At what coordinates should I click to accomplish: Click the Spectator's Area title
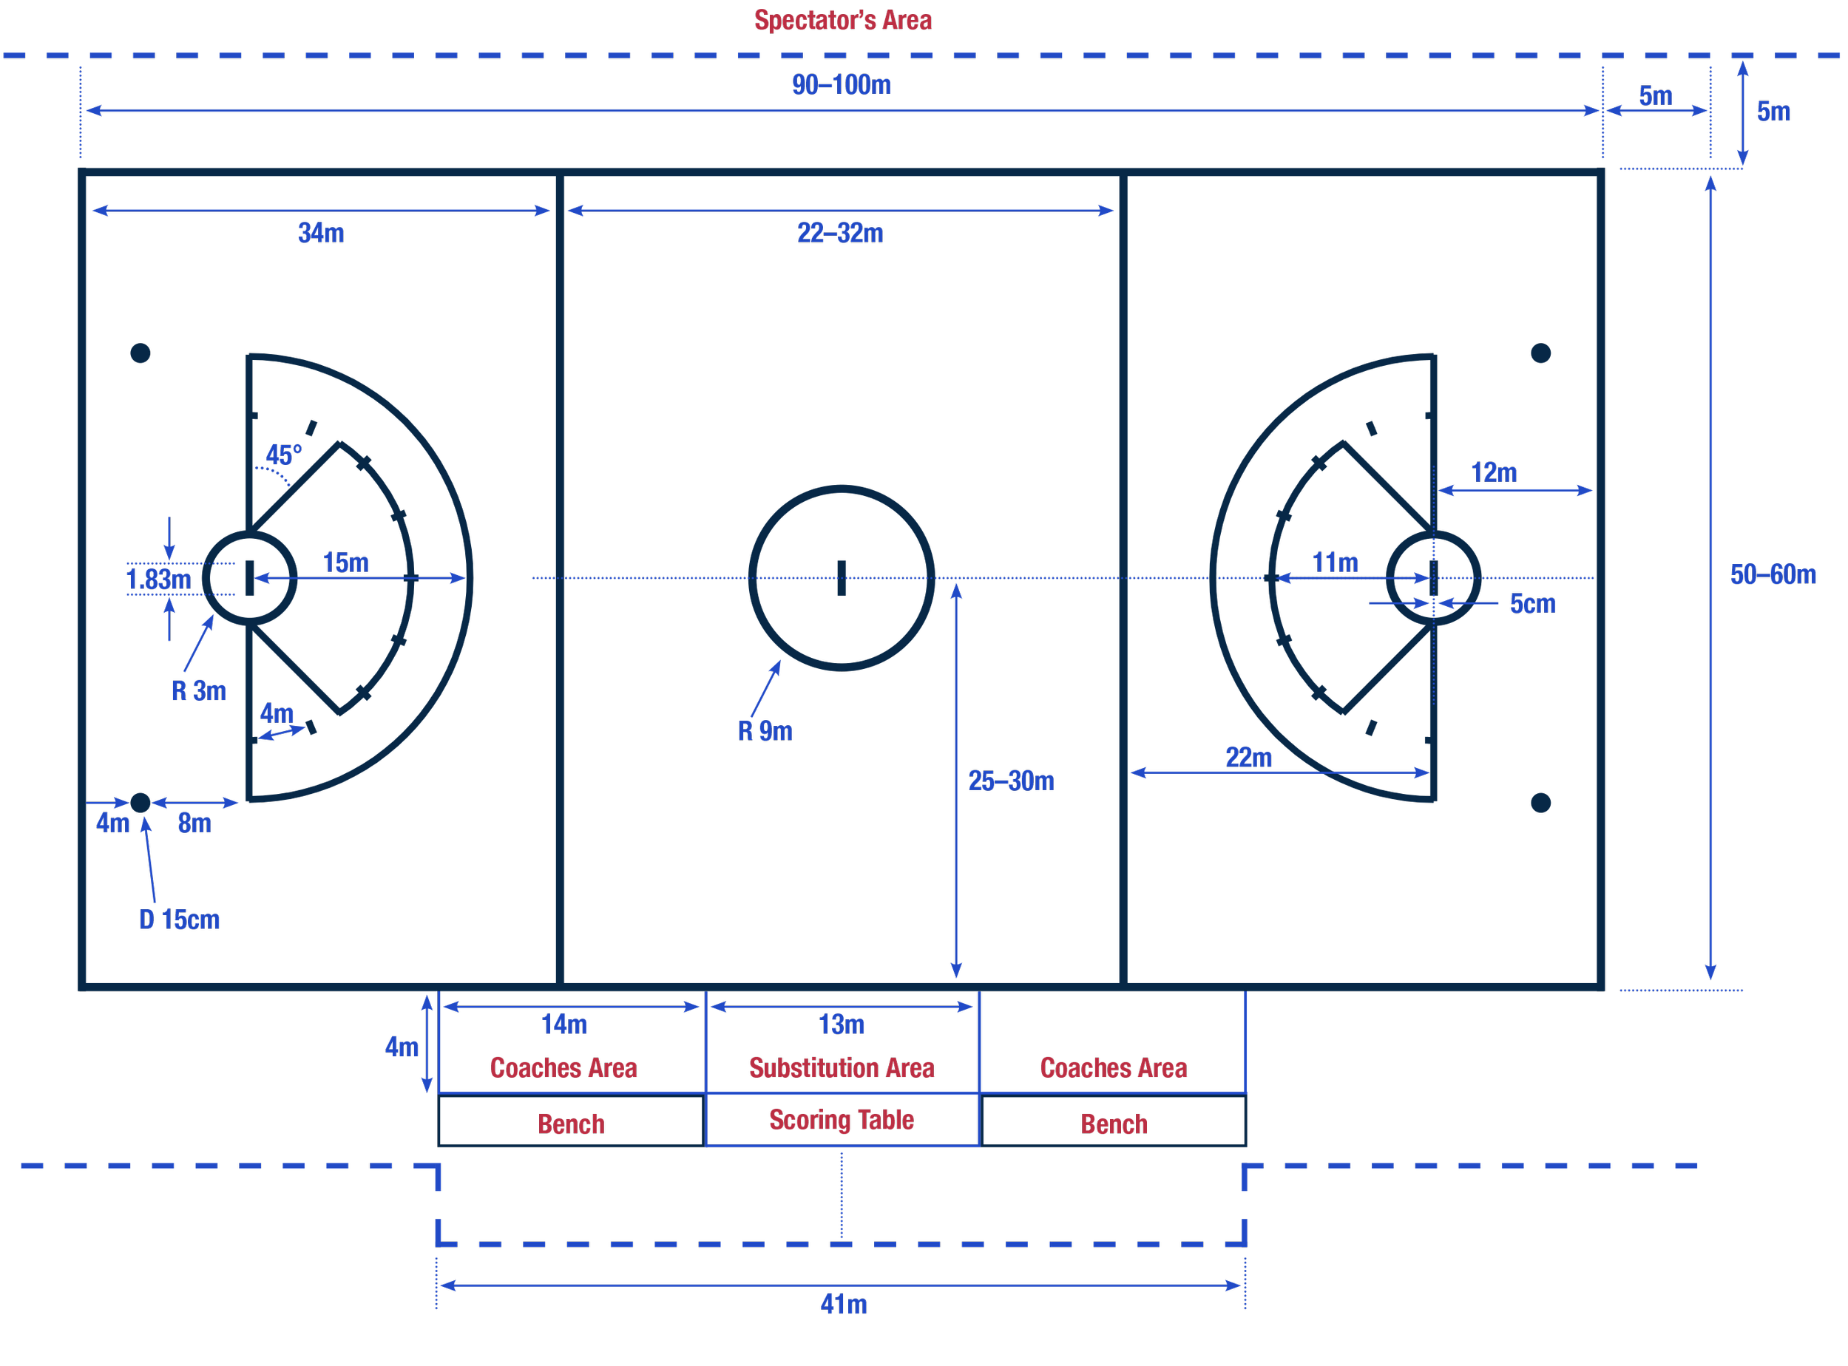[842, 20]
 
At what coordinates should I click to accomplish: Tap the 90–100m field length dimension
[842, 84]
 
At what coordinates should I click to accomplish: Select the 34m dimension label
[321, 233]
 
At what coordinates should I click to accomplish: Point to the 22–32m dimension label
[839, 233]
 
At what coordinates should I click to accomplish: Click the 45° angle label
[283, 455]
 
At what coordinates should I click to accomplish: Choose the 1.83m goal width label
[158, 579]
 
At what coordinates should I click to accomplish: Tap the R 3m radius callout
[198, 690]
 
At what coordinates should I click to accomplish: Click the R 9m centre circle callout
[765, 731]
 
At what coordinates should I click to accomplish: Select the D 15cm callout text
[180, 920]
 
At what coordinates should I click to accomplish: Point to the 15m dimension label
[346, 563]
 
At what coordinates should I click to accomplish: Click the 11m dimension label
[1335, 563]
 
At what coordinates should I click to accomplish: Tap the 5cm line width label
[1532, 604]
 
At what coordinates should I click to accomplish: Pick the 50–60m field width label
[1773, 574]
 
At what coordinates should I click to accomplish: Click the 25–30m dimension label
[1011, 781]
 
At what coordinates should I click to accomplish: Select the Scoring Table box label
[842, 1120]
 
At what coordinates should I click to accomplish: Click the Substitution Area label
[842, 1067]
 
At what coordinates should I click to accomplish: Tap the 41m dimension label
[843, 1304]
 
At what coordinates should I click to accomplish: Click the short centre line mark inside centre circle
[842, 578]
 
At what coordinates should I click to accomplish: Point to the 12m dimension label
[1493, 473]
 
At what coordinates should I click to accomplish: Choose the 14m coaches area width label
[564, 1024]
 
